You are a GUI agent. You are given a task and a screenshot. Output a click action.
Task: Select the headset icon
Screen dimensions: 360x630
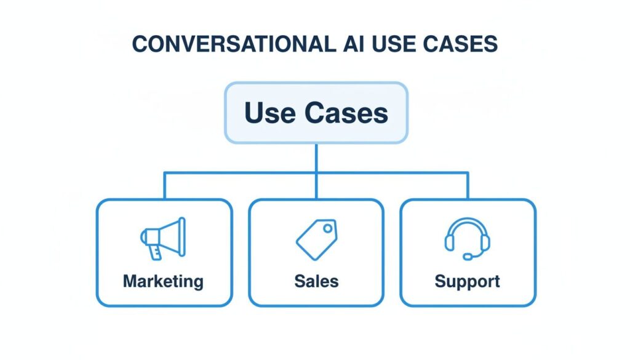tap(467, 238)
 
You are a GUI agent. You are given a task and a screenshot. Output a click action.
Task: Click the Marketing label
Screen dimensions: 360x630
tap(163, 282)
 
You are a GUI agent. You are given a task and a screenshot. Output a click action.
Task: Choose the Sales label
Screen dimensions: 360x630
tap(316, 282)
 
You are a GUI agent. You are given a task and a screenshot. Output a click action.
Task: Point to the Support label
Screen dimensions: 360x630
tap(468, 282)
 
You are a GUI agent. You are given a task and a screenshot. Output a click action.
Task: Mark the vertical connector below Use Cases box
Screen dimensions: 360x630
tap(316, 158)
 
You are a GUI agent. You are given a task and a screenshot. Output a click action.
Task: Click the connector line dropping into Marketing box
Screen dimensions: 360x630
tap(164, 186)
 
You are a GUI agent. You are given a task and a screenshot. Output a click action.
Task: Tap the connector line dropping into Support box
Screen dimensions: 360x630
tap(468, 186)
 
